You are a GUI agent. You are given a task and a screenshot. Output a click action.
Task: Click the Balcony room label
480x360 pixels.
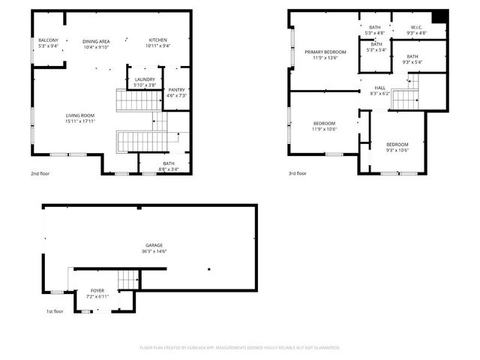point(47,40)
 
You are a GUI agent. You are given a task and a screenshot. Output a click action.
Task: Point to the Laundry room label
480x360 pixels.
point(145,79)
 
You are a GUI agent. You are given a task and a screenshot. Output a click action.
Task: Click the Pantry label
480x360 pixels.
point(176,90)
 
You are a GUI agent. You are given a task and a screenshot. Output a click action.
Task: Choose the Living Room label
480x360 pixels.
point(81,115)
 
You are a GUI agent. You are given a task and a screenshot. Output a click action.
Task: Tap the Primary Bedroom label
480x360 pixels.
point(321,52)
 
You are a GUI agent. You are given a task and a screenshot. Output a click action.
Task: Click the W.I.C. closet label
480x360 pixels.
point(418,28)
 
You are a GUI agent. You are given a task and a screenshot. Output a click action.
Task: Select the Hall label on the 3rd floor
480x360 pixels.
point(380,88)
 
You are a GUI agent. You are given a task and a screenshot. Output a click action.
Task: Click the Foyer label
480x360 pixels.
point(97,290)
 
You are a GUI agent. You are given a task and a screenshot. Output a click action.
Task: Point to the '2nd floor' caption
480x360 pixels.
point(41,173)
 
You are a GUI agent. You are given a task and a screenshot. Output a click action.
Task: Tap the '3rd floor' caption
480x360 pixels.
point(298,173)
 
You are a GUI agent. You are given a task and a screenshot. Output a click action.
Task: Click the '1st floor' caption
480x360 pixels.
point(54,311)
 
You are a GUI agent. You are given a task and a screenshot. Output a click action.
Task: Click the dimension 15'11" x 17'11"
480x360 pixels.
point(81,121)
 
